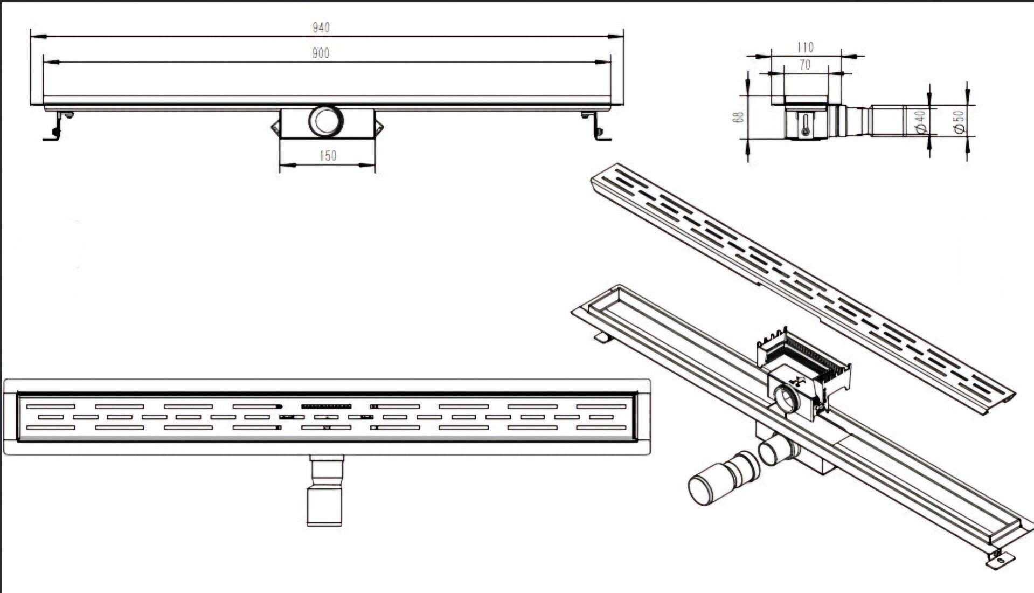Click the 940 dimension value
pyautogui.click(x=321, y=27)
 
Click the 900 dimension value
pyautogui.click(x=321, y=53)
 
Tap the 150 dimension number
pyautogui.click(x=328, y=156)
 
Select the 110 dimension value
pyautogui.click(x=805, y=47)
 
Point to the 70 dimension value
pyautogui.click(x=804, y=65)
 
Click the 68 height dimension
pyautogui.click(x=740, y=117)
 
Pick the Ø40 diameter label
pyautogui.click(x=920, y=122)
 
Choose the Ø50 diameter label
pyautogui.click(x=958, y=121)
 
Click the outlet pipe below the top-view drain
pyautogui.click(x=325, y=491)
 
